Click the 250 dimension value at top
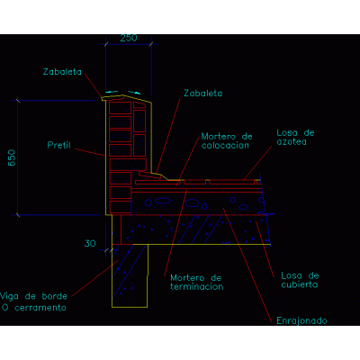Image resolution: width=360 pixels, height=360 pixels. click(129, 38)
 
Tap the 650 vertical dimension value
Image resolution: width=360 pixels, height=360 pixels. click(12, 157)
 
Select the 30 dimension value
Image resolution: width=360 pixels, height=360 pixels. click(90, 243)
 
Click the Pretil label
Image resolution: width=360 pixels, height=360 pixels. click(59, 145)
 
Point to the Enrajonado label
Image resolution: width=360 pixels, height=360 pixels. click(301, 320)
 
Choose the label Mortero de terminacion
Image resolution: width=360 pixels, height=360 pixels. click(197, 283)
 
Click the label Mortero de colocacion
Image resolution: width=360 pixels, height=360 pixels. click(227, 141)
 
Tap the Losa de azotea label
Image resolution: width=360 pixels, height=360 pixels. click(295, 138)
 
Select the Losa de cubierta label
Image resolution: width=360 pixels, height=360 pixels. click(300, 280)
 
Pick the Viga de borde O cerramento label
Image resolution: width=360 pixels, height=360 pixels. click(33, 302)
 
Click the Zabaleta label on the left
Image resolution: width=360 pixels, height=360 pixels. click(62, 72)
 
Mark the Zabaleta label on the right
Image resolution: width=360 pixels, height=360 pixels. click(203, 94)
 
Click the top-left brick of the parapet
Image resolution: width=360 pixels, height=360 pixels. click(121, 108)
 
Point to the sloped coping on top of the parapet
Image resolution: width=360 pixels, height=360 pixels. click(126, 99)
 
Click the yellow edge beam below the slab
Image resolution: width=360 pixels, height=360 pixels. click(130, 276)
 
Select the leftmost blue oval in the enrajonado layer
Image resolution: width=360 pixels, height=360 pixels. click(148, 202)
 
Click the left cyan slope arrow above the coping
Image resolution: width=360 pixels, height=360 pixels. click(112, 92)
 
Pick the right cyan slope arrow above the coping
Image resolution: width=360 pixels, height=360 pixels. click(134, 93)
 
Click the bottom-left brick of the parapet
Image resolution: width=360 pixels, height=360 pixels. click(121, 207)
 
